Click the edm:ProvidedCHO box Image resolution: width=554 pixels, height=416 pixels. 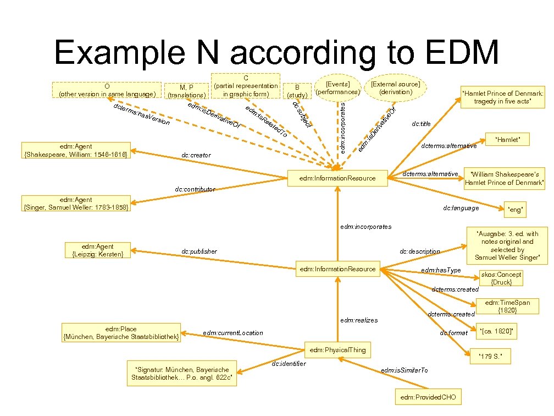point(428,397)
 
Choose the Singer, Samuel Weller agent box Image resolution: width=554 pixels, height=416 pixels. point(76,204)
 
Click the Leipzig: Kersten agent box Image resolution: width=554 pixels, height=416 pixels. point(98,250)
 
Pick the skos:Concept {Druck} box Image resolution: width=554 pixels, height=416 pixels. point(501,278)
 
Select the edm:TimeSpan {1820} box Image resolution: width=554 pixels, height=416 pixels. point(507,306)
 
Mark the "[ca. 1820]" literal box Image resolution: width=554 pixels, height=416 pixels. point(497,332)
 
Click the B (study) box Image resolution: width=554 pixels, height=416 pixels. point(298,91)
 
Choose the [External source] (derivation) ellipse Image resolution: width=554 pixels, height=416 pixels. point(395,88)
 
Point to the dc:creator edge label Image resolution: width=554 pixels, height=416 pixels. point(196,156)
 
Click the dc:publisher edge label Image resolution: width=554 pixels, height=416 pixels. point(199,252)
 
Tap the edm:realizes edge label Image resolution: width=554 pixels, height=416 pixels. point(359,320)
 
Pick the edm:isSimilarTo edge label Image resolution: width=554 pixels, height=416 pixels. point(404,370)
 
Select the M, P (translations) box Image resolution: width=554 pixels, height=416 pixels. point(186,91)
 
